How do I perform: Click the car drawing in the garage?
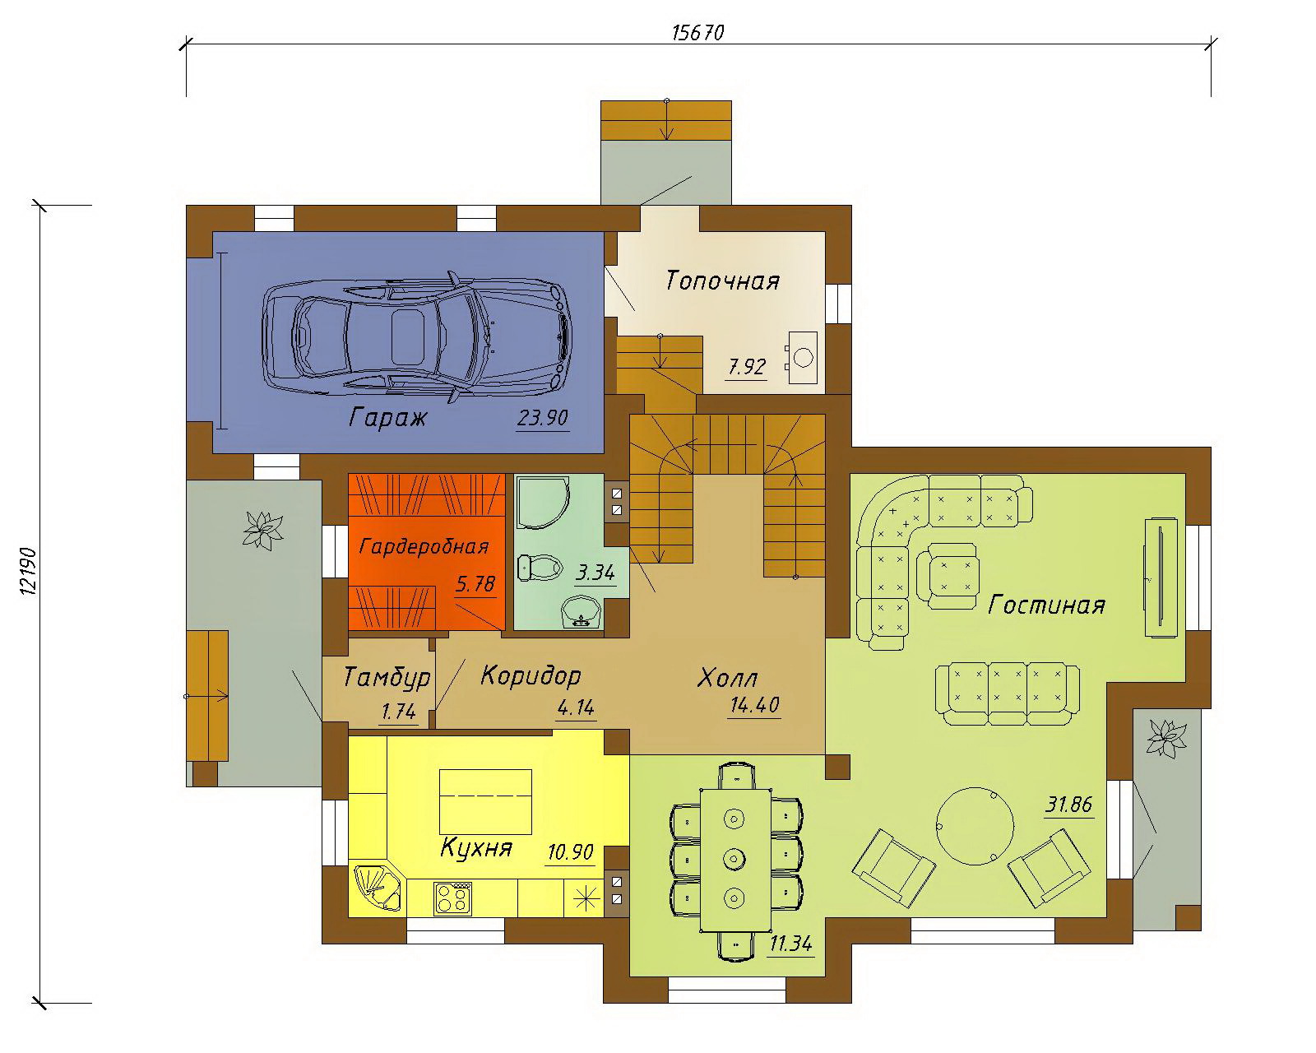click(417, 338)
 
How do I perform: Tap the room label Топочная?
click(722, 281)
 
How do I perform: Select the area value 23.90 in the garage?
click(542, 419)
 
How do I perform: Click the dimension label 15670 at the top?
click(697, 32)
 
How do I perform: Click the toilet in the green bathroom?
click(540, 567)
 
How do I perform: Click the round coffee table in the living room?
click(975, 825)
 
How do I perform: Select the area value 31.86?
click(1068, 805)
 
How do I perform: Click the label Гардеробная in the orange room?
click(424, 546)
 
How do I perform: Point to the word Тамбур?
click(387, 677)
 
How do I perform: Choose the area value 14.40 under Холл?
click(754, 705)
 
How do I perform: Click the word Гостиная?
click(1046, 605)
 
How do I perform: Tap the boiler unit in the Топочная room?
click(802, 357)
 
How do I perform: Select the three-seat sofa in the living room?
click(1008, 693)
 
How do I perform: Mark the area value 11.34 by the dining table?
click(790, 944)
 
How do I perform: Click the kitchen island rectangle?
click(485, 801)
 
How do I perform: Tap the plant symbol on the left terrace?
click(263, 530)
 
